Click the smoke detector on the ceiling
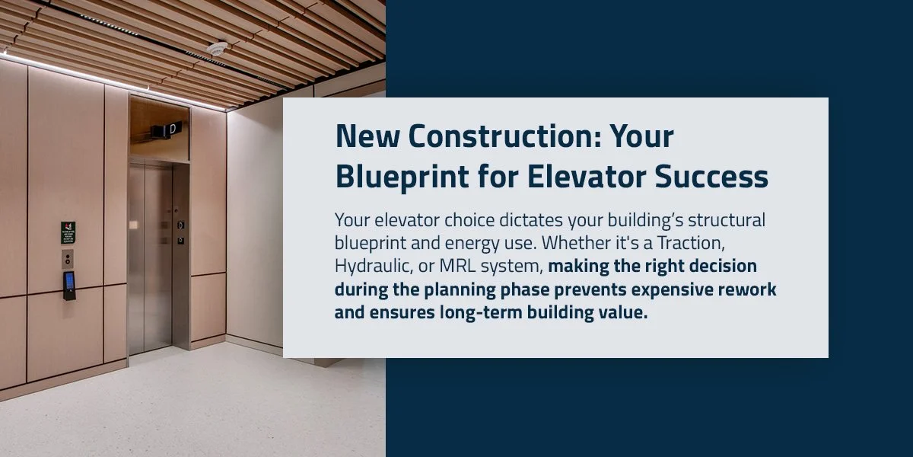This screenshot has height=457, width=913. [x=218, y=49]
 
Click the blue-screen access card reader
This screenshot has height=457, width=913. [x=69, y=285]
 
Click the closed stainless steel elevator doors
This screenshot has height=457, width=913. [x=150, y=255]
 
